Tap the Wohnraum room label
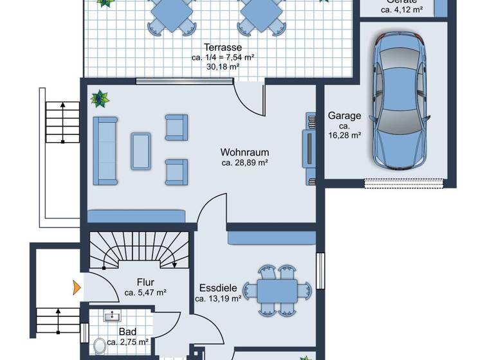244,152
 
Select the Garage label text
344,116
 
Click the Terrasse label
223,47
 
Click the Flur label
145,282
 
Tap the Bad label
127,332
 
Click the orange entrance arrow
77,286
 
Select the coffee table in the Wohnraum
141,150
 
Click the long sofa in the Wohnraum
105,150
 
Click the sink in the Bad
114,316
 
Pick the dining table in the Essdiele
277,291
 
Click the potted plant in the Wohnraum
100,99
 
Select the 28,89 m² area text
244,163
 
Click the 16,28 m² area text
344,136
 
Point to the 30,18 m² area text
223,66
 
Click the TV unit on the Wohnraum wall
308,148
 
